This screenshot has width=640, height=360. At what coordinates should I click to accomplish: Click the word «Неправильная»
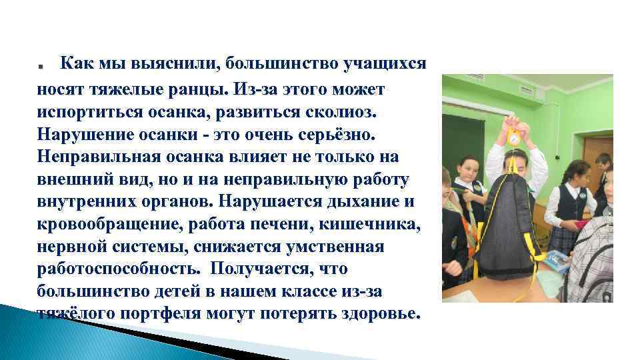99,157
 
